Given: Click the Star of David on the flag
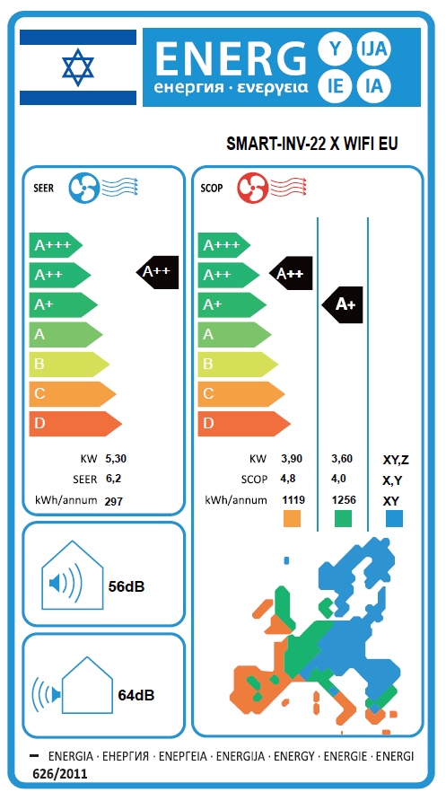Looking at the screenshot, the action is click(x=78, y=67).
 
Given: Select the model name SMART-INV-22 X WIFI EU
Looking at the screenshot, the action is click(x=311, y=145).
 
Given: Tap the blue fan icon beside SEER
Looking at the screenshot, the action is click(x=83, y=188).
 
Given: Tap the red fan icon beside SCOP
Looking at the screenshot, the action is click(x=251, y=188).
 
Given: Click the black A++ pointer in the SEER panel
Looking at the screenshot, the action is click(x=158, y=272).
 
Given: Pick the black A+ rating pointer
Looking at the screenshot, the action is click(x=342, y=305).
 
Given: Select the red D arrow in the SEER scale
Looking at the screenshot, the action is click(x=75, y=424).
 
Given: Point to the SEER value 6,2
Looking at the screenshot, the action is click(x=113, y=480).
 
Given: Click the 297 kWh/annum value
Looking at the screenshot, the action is click(x=113, y=501).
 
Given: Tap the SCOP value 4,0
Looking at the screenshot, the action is click(x=339, y=480).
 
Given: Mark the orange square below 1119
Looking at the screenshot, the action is click(x=292, y=518).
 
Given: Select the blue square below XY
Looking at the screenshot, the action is click(x=394, y=518).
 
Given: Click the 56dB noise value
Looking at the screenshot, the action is click(x=127, y=586).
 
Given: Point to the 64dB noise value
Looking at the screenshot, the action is click(x=136, y=695).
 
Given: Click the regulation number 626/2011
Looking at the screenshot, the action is click(x=60, y=774).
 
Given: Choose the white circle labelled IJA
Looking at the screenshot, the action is click(x=374, y=49).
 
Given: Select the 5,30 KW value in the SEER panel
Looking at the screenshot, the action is click(x=116, y=459).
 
